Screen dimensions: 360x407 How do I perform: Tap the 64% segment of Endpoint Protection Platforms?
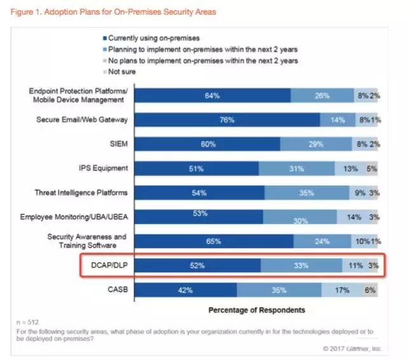pos(212,95)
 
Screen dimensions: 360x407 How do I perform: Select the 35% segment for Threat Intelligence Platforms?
pos(307,193)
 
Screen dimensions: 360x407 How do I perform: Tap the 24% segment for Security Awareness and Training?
pos(322,242)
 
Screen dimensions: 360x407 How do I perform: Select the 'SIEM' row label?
pos(118,144)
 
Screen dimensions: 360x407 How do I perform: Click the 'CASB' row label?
pos(116,290)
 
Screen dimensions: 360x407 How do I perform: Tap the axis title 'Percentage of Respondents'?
pos(256,310)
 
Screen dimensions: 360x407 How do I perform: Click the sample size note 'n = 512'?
pos(24,322)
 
